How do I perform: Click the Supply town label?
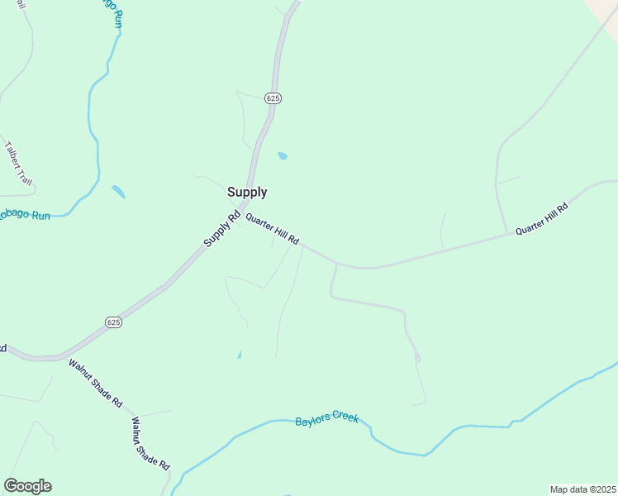coord(247,192)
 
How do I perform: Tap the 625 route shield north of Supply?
coord(273,98)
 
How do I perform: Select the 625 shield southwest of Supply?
coord(114,322)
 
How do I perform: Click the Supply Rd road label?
coord(221,231)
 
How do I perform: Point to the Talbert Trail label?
coord(17,162)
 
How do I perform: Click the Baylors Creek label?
coord(327,420)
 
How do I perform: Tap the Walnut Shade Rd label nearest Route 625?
coord(96,384)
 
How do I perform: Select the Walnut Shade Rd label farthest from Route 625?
coord(150,443)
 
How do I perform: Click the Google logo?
coord(27,486)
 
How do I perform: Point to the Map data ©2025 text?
coord(582,489)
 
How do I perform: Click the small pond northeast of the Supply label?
coord(283,155)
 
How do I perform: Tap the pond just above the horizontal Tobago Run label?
coord(119,192)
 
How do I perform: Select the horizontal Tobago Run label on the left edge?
coord(23,215)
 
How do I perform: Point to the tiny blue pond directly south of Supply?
coord(240,355)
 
